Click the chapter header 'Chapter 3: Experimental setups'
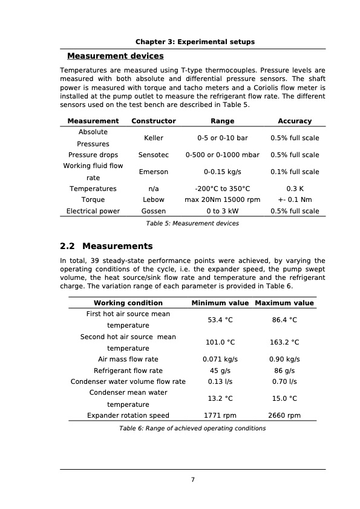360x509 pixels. [x=194, y=42]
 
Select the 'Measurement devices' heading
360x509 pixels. [x=115, y=56]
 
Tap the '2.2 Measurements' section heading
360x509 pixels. [x=106, y=246]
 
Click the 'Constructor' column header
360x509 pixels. [x=154, y=121]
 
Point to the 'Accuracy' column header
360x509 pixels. [x=295, y=121]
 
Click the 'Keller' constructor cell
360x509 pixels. [x=154, y=138]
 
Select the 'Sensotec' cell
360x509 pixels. [x=154, y=155]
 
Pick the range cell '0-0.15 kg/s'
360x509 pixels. [x=222, y=172]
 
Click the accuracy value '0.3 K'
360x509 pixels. [x=295, y=189]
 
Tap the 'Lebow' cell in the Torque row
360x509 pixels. [x=154, y=199]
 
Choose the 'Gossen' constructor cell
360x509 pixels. [x=154, y=211]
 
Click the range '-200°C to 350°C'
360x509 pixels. [x=222, y=189]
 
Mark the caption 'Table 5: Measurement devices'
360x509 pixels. [x=192, y=224]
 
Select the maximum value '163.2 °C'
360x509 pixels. [x=284, y=342]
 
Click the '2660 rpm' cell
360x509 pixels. [x=284, y=415]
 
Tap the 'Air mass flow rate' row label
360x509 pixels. [x=128, y=359]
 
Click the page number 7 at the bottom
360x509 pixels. [x=192, y=480]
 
